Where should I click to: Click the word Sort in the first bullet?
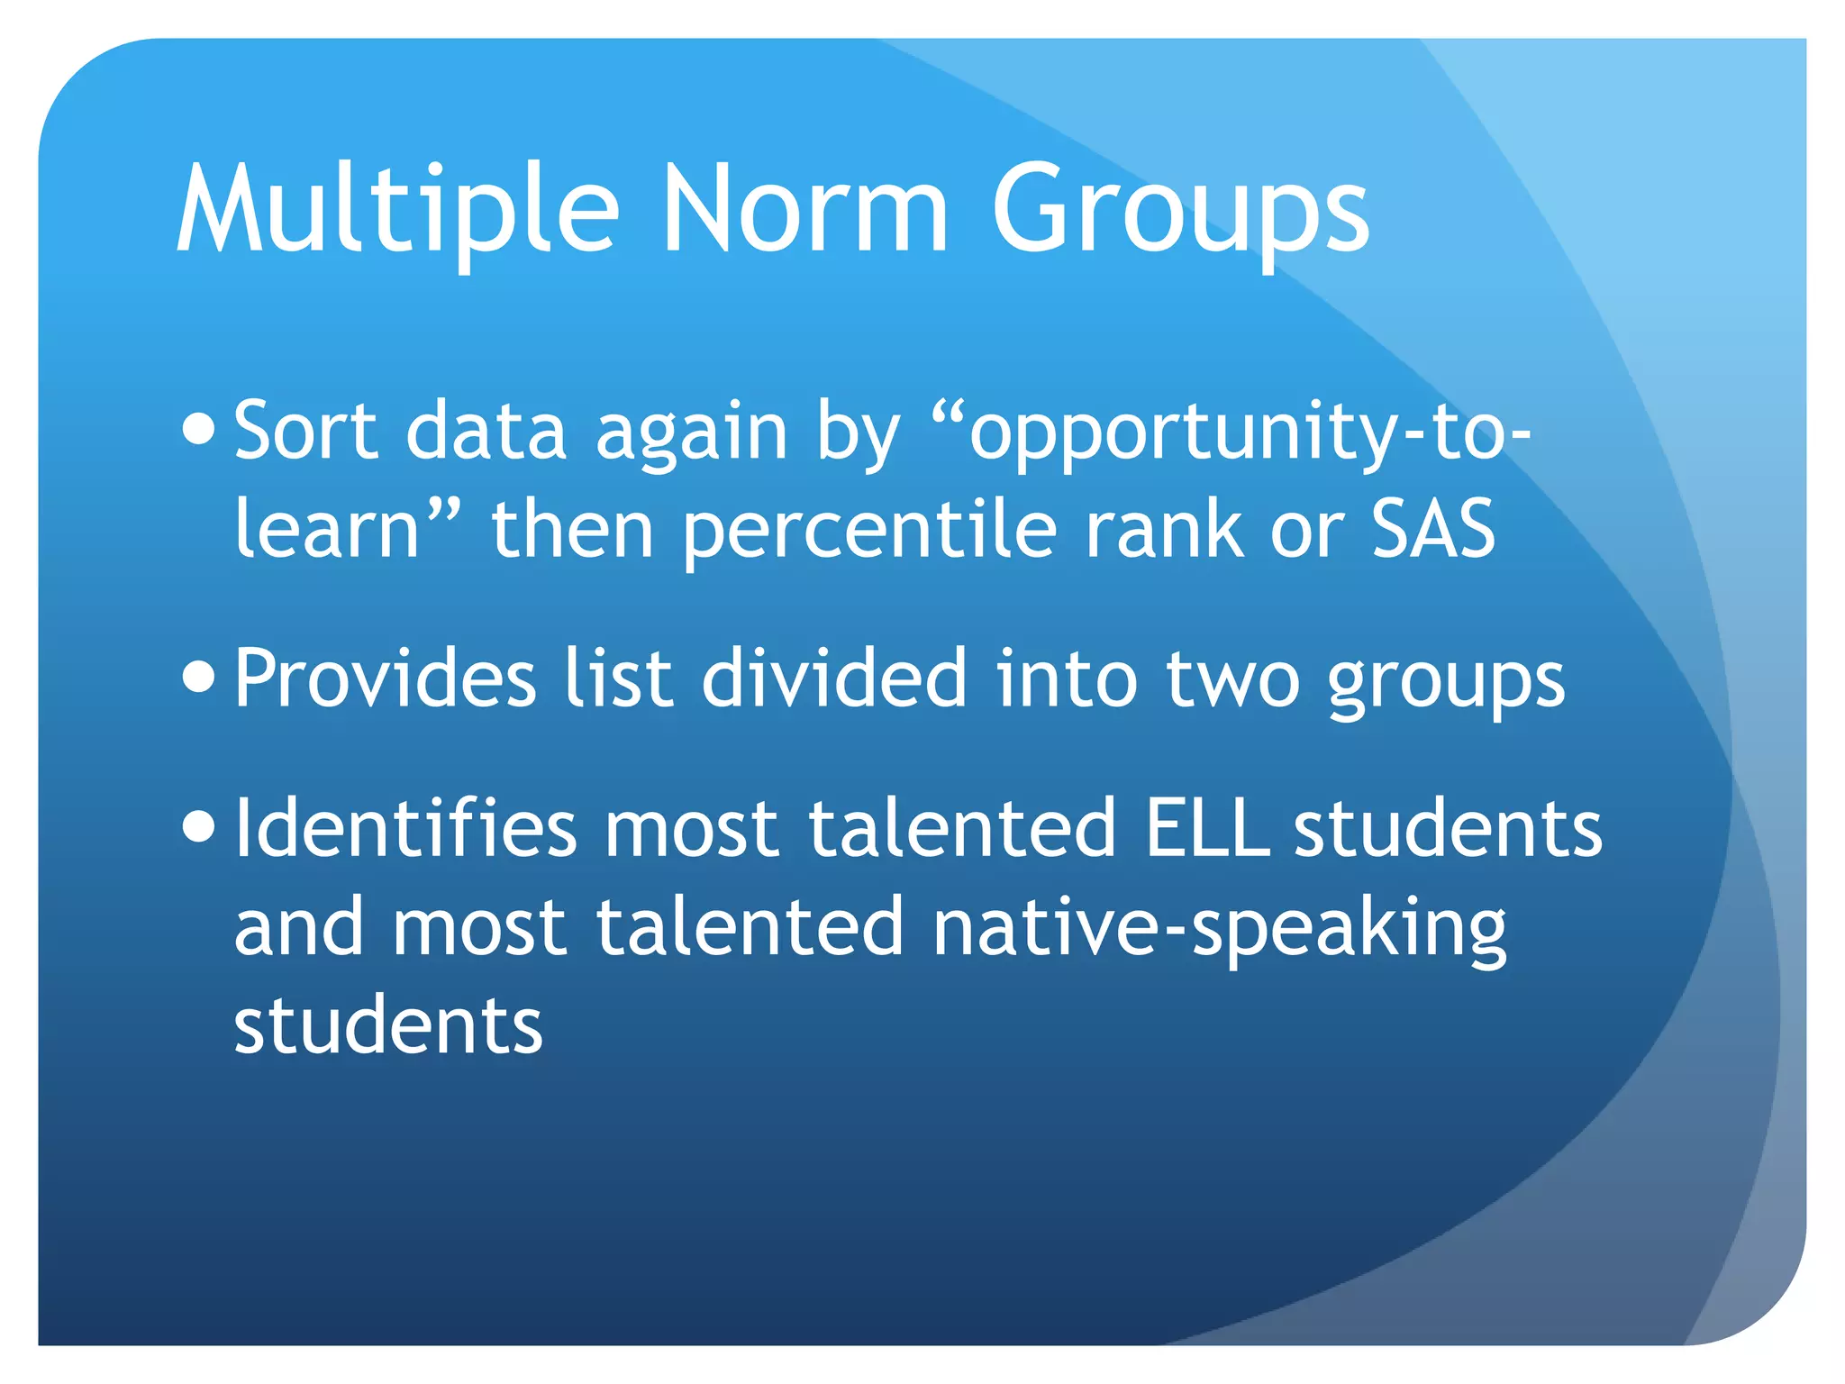point(305,431)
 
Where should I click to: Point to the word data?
point(486,431)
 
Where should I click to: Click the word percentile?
point(869,532)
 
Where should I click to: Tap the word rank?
point(1163,529)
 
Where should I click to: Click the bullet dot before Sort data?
point(198,430)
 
